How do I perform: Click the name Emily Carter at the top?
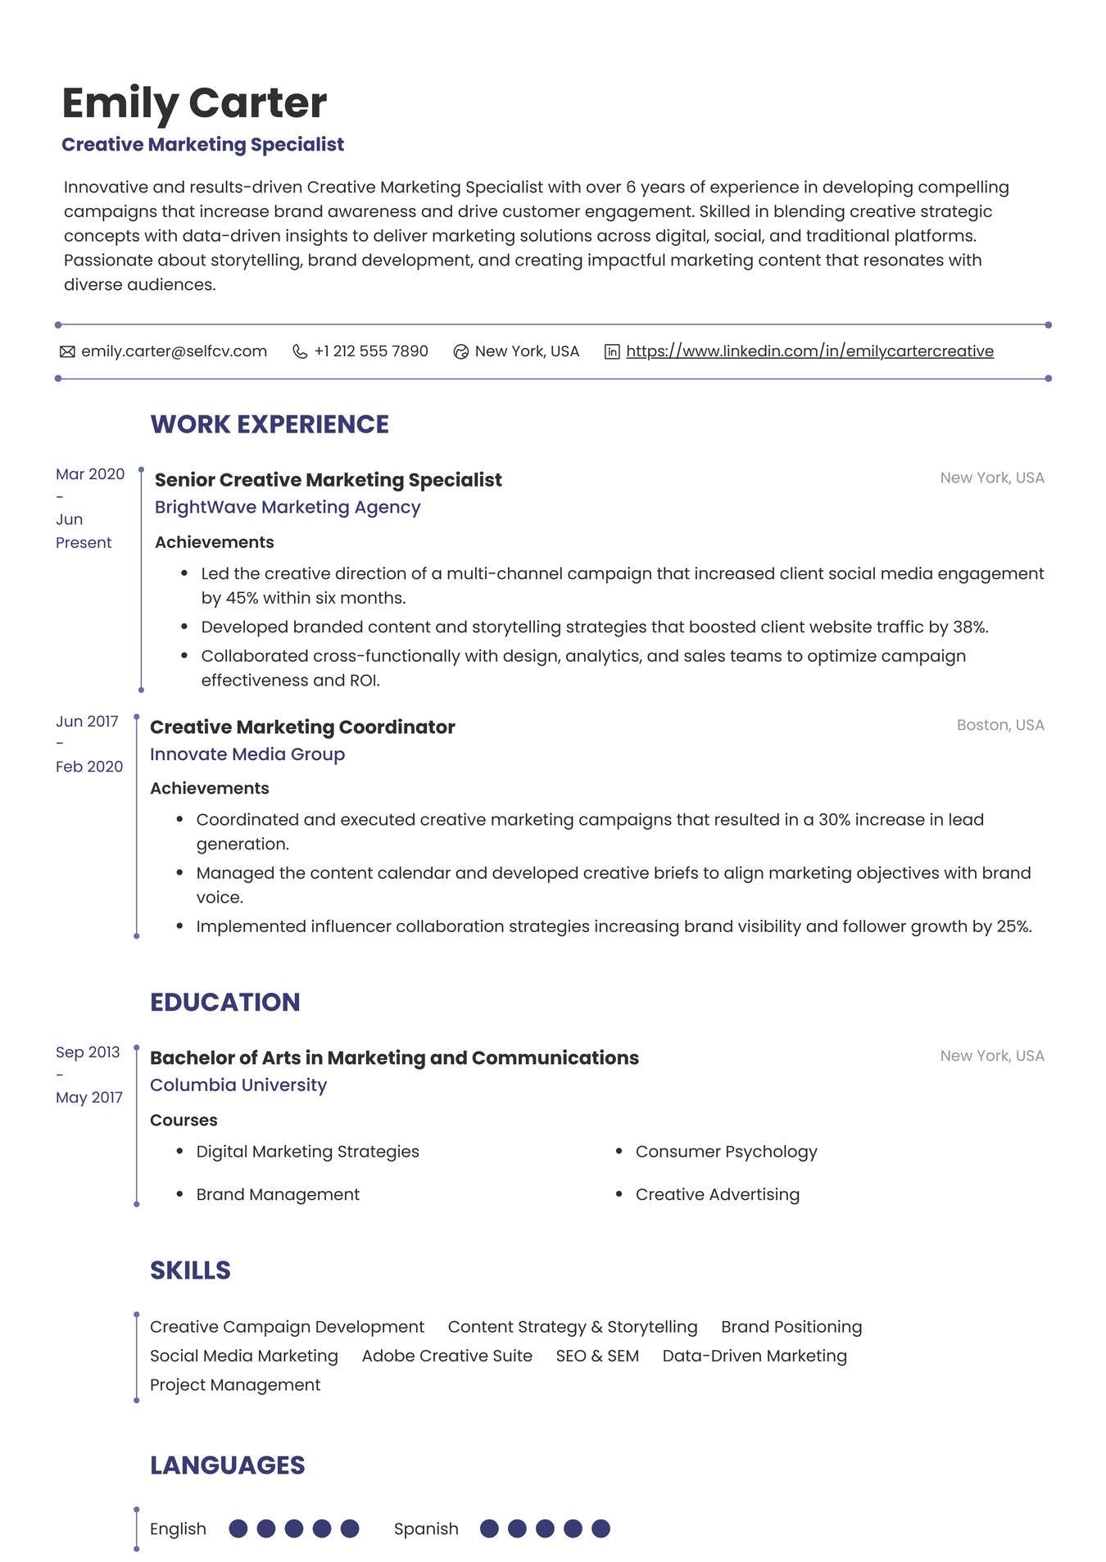(x=194, y=103)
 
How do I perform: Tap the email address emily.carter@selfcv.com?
(x=174, y=351)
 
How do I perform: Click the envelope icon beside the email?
(x=67, y=352)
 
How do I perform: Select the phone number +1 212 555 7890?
(x=370, y=351)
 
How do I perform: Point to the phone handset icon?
(x=300, y=352)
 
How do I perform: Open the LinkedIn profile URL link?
(x=809, y=351)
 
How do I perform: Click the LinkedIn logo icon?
(x=612, y=352)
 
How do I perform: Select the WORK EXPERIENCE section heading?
(x=270, y=424)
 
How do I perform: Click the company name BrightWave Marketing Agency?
(x=288, y=507)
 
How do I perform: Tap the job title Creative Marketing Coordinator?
(x=302, y=727)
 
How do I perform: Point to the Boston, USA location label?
(x=999, y=725)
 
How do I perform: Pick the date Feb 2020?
(x=89, y=767)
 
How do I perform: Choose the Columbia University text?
(x=238, y=1085)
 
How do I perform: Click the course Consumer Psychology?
(x=726, y=1152)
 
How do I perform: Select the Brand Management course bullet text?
(x=278, y=1194)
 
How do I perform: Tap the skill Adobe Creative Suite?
(x=446, y=1356)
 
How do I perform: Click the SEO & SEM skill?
(x=597, y=1356)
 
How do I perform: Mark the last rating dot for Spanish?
(x=601, y=1528)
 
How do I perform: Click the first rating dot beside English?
(x=238, y=1528)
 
